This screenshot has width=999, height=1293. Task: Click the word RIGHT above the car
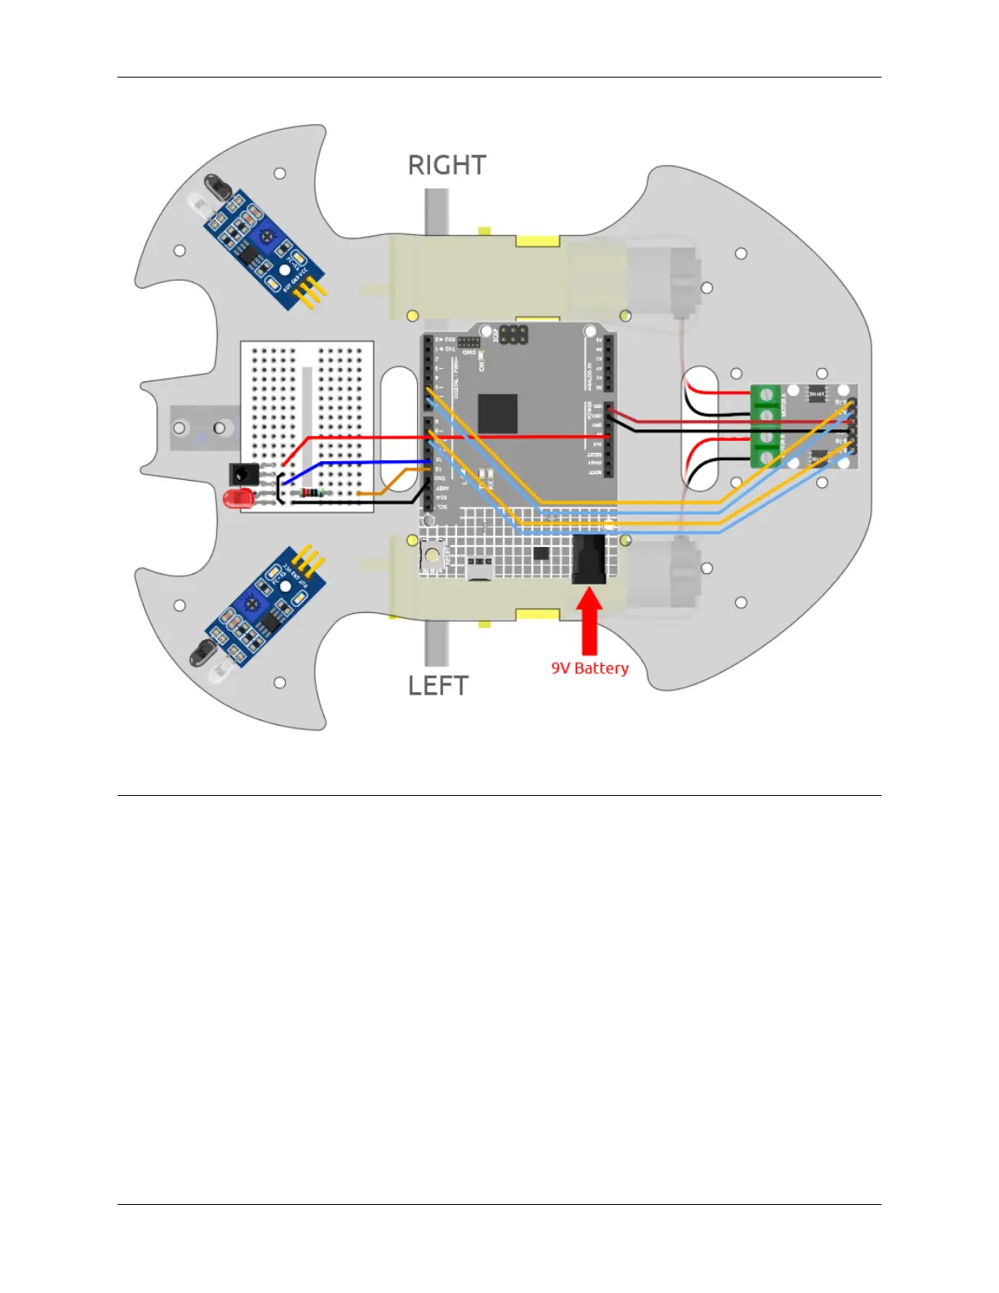[446, 166]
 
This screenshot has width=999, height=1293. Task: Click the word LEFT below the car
[438, 686]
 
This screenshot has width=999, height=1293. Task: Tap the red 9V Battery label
[589, 669]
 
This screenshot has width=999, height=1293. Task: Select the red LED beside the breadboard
[238, 498]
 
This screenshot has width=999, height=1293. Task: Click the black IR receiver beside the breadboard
[243, 473]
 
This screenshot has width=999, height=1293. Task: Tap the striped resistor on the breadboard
[312, 492]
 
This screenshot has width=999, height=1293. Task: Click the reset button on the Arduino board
[431, 556]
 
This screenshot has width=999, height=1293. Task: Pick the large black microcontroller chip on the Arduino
[497, 413]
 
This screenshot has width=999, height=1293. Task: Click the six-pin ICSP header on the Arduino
[513, 335]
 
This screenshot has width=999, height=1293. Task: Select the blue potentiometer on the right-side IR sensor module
[264, 238]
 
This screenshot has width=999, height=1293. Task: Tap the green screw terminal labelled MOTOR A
[766, 406]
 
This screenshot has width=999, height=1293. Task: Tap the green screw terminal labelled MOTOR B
[766, 448]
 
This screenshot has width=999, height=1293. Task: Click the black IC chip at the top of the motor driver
[815, 395]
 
